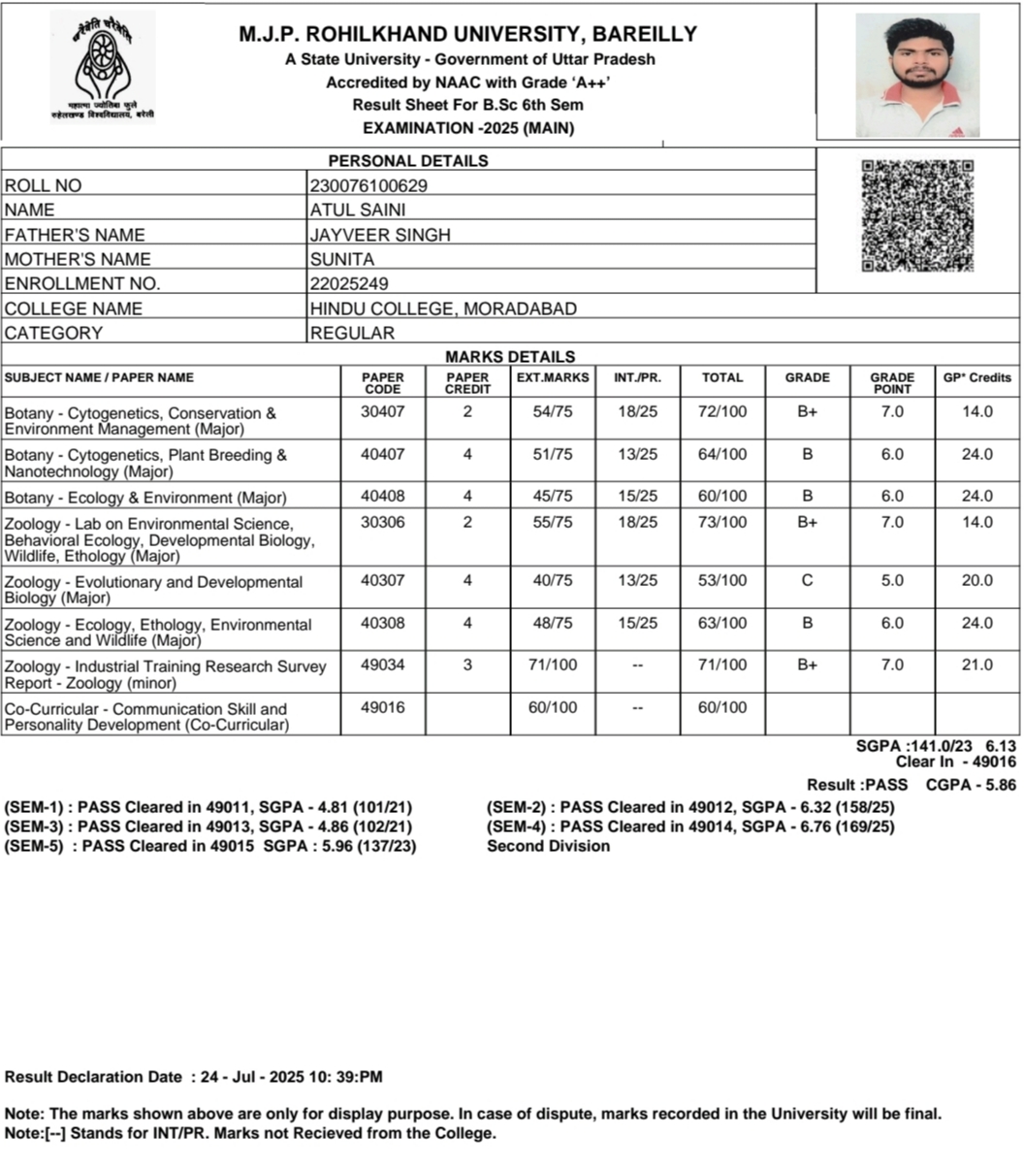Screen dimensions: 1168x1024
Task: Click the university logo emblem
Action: [102, 68]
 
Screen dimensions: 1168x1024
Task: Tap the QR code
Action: [917, 215]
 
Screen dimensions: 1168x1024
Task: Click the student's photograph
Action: [917, 75]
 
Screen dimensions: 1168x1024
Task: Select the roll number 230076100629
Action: [368, 185]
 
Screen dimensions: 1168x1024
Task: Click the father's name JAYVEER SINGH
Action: [380, 235]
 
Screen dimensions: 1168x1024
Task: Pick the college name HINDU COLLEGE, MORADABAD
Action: [443, 308]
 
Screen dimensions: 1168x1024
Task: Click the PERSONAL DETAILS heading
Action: [408, 160]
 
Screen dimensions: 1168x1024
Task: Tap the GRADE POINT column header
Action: [892, 383]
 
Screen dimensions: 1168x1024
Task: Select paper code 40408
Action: [383, 496]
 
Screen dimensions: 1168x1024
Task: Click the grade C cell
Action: [808, 580]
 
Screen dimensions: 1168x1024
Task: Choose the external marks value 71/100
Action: [553, 665]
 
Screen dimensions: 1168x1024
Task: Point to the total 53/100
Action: [722, 580]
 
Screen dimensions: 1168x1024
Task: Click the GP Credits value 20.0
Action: [977, 580]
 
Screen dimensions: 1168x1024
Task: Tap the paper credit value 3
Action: [467, 665]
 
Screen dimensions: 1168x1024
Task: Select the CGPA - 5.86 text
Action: [972, 785]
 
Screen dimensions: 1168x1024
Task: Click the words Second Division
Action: [549, 846]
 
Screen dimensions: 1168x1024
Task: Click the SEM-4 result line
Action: [690, 827]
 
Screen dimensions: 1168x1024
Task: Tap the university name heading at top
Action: [467, 34]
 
